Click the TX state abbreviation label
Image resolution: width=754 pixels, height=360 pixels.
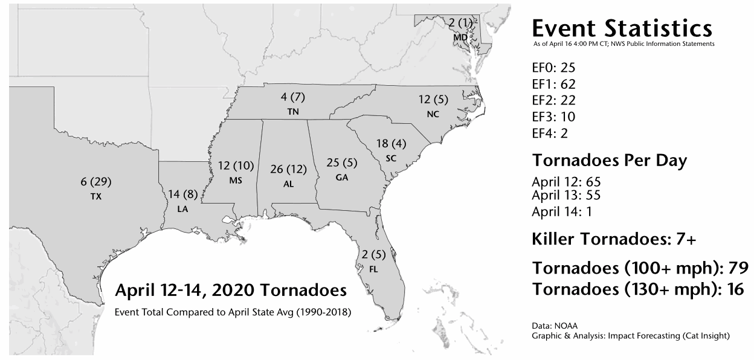[x=97, y=197]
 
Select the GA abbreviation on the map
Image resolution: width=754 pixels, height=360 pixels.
[x=342, y=178]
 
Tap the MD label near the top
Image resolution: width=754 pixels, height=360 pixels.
[x=460, y=37]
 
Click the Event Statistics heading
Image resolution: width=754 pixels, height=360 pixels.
[x=622, y=28]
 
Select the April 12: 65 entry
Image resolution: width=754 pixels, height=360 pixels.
[x=566, y=182]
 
